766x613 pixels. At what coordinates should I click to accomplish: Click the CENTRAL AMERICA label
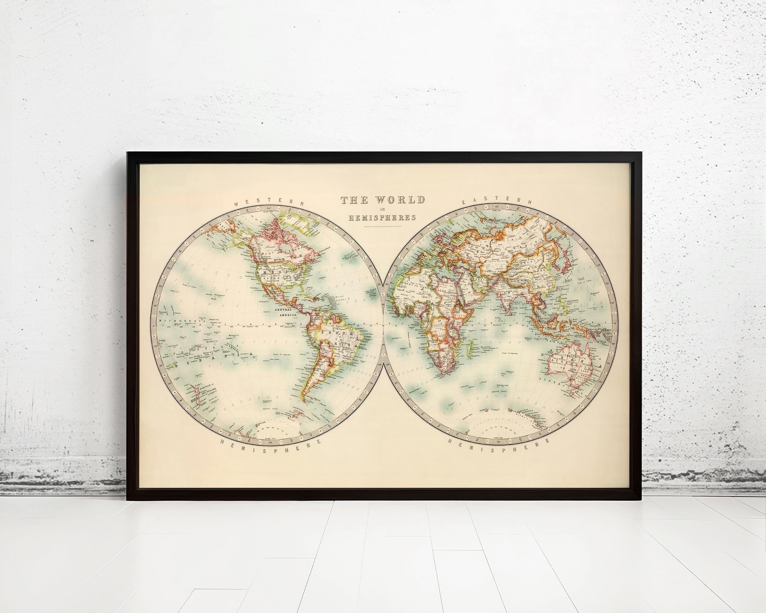pos(286,312)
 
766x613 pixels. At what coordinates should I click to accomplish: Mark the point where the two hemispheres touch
pos(383,325)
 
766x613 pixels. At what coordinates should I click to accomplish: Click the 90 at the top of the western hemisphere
pos(269,209)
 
